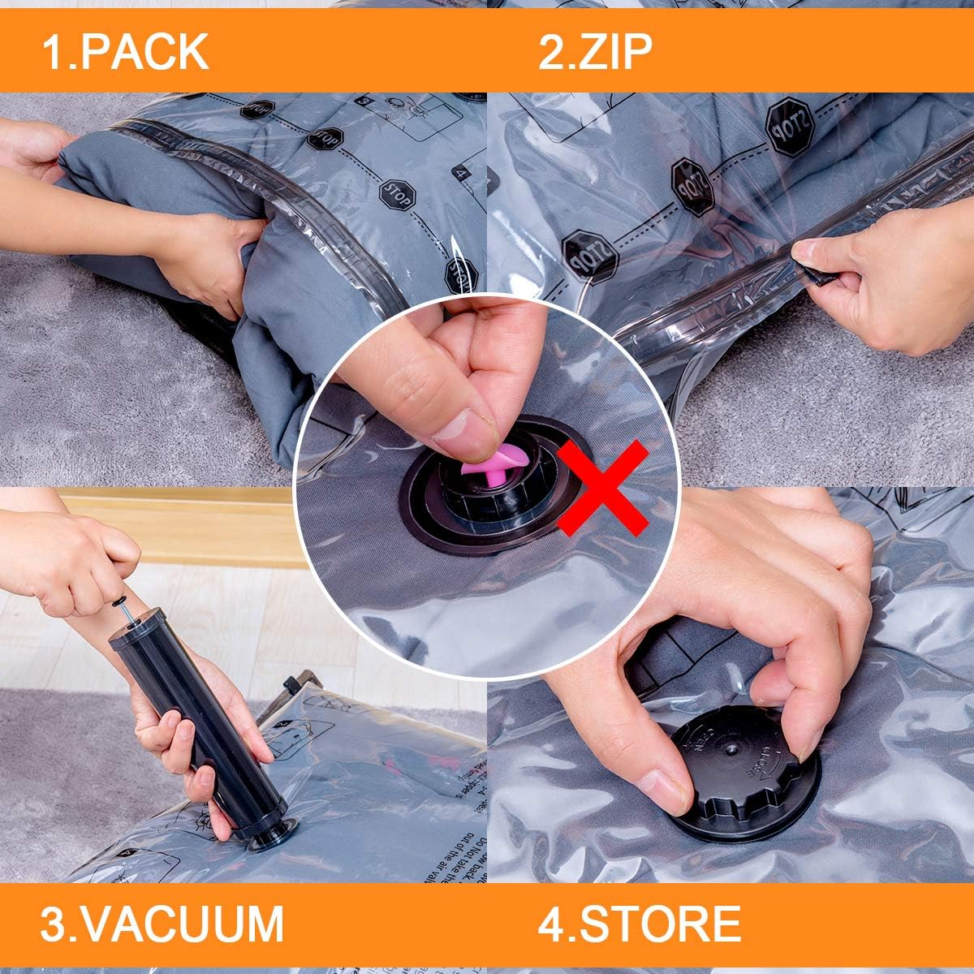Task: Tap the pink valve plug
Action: (487, 467)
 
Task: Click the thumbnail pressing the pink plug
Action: (460, 430)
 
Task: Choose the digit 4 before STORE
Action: (550, 922)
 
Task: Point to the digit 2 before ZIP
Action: (550, 51)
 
